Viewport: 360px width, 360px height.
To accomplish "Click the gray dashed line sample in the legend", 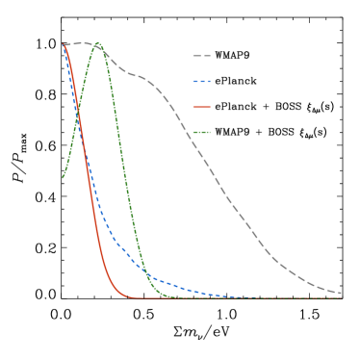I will point(201,56).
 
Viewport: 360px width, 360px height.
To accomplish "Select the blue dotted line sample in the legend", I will point(201,81).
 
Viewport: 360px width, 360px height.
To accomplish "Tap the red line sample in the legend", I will point(201,107).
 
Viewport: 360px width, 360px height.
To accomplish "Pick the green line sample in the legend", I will point(201,132).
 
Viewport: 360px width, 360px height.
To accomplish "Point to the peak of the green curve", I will point(97,43).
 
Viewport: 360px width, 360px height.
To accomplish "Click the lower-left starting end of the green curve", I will point(64,177).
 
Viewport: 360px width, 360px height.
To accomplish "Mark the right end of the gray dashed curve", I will point(342,294).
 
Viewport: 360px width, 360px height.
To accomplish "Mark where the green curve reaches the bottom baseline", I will point(178,297).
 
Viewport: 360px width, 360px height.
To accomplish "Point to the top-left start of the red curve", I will point(64,45).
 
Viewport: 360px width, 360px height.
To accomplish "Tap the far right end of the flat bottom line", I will point(342,297).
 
